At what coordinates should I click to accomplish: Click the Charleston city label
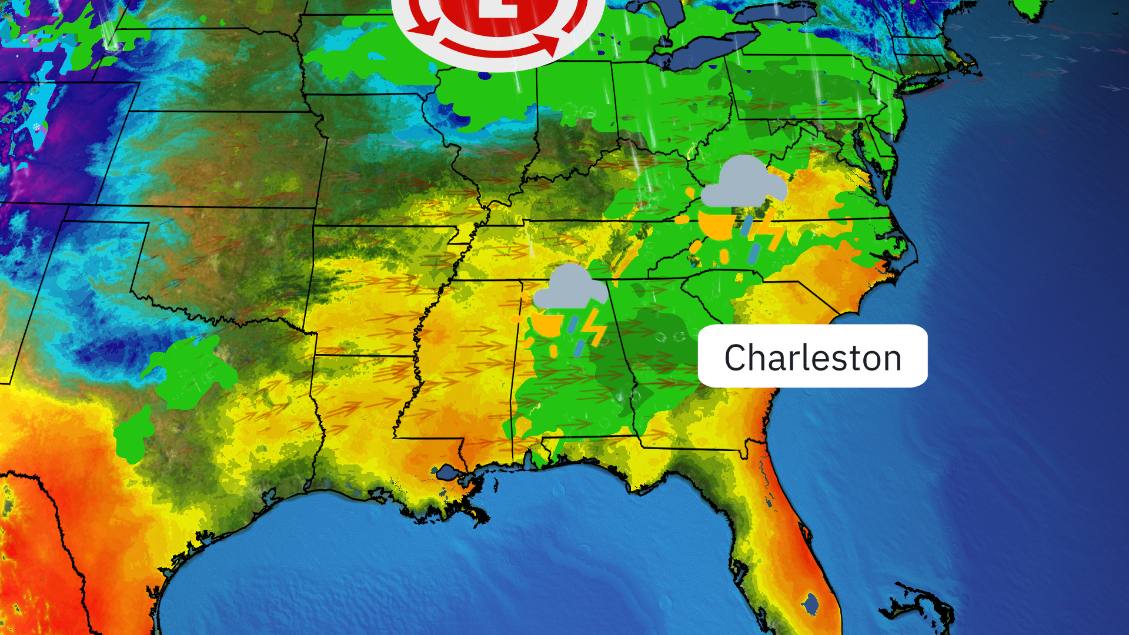point(812,356)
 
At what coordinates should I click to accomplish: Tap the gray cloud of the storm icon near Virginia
point(743,182)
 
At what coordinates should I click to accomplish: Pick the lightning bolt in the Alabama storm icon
point(595,327)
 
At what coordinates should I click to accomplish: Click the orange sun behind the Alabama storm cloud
point(547,325)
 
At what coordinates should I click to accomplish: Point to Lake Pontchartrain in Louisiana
point(449,472)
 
